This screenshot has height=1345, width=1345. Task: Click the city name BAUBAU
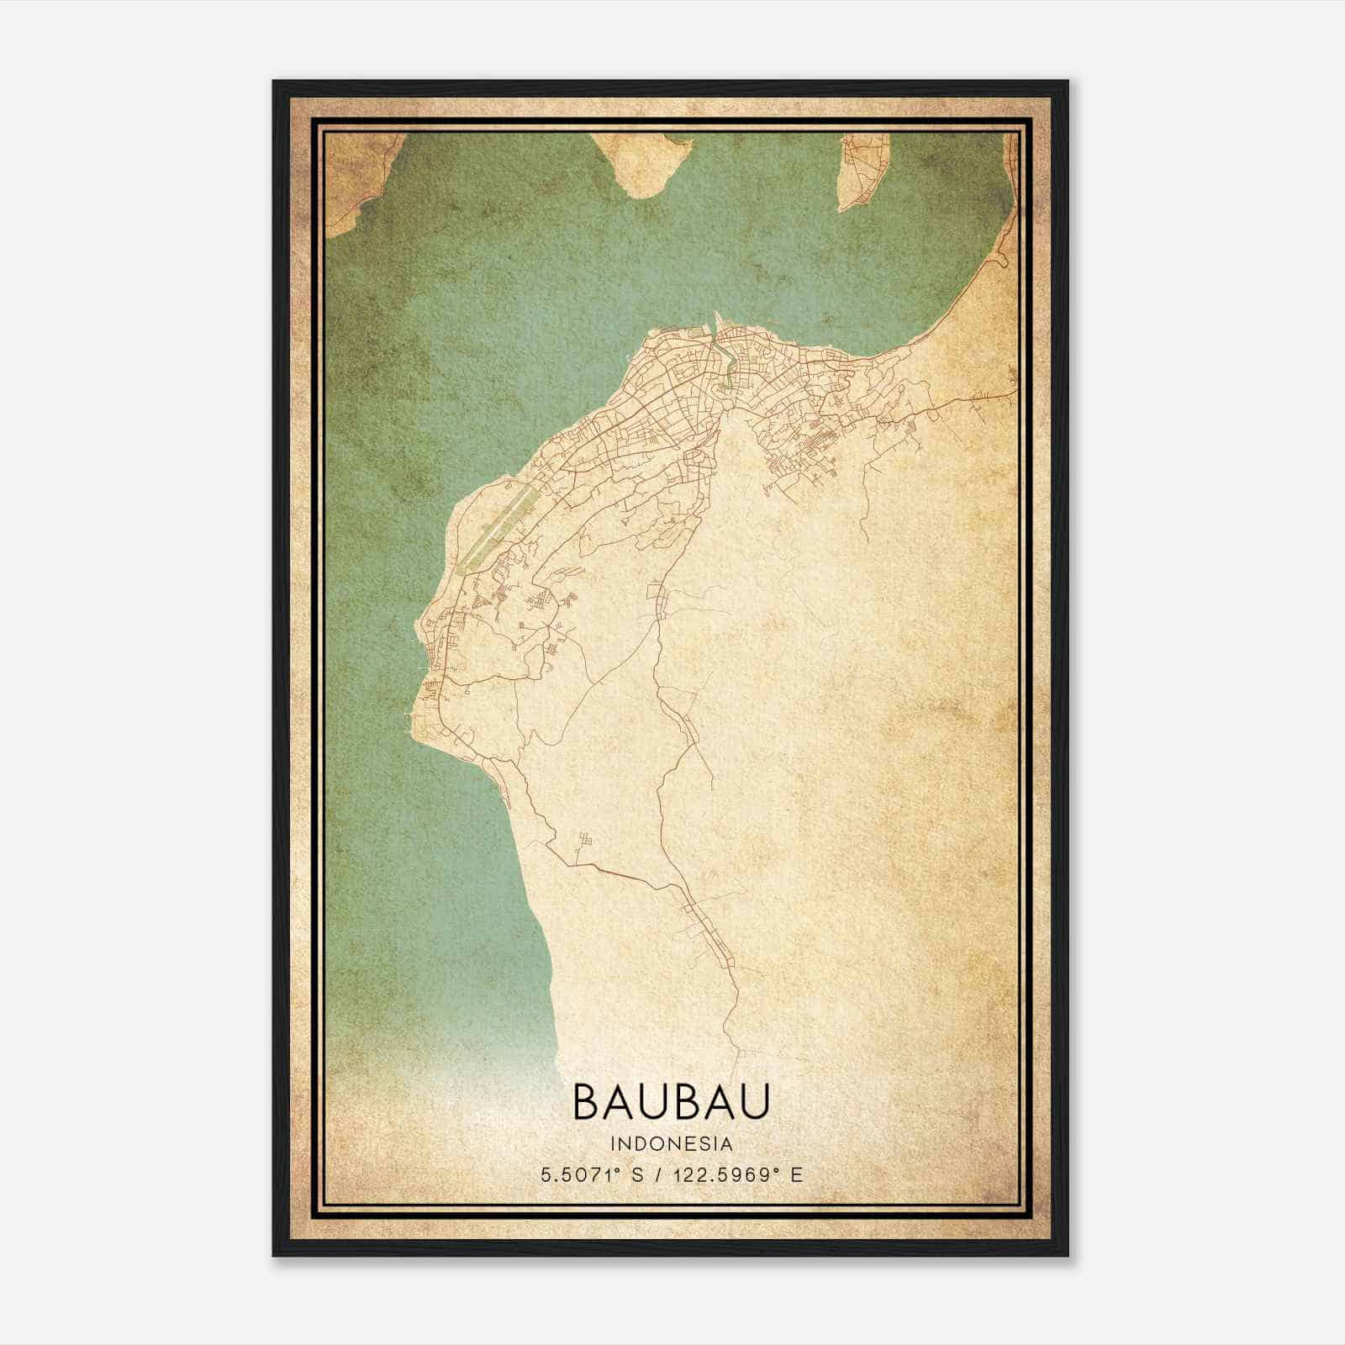(671, 1102)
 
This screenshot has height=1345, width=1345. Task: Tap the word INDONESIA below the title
(672, 1144)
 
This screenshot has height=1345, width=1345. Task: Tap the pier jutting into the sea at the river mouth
(716, 323)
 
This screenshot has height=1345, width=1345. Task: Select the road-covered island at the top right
(858, 172)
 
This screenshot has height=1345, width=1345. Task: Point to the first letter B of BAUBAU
(586, 1102)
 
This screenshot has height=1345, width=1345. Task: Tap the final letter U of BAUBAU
(755, 1102)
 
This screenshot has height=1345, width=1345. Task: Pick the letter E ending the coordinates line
(797, 1174)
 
